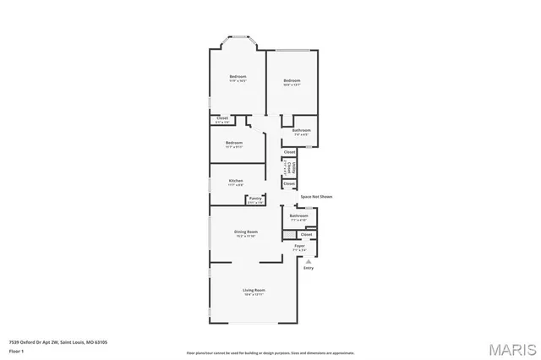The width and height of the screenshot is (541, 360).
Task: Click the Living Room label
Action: click(254, 290)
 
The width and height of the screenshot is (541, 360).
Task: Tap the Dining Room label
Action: click(246, 232)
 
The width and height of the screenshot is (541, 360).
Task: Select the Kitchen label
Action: click(236, 180)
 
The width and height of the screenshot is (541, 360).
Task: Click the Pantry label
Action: click(254, 199)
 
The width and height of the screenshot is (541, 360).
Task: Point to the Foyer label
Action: click(299, 246)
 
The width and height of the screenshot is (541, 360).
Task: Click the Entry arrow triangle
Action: click(308, 262)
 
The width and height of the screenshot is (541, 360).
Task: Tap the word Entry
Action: click(308, 268)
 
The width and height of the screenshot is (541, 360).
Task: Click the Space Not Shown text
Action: click(317, 196)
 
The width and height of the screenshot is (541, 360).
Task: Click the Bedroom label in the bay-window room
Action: click(238, 77)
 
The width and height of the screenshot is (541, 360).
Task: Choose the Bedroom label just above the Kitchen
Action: click(234, 143)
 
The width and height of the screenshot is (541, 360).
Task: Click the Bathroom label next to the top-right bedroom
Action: click(302, 130)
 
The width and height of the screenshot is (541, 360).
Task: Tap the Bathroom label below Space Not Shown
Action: click(299, 215)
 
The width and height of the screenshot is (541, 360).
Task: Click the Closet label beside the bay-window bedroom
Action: click(222, 118)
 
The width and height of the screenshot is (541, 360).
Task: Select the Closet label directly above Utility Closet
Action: click(289, 152)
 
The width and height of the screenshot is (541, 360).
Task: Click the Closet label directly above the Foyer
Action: click(306, 234)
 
